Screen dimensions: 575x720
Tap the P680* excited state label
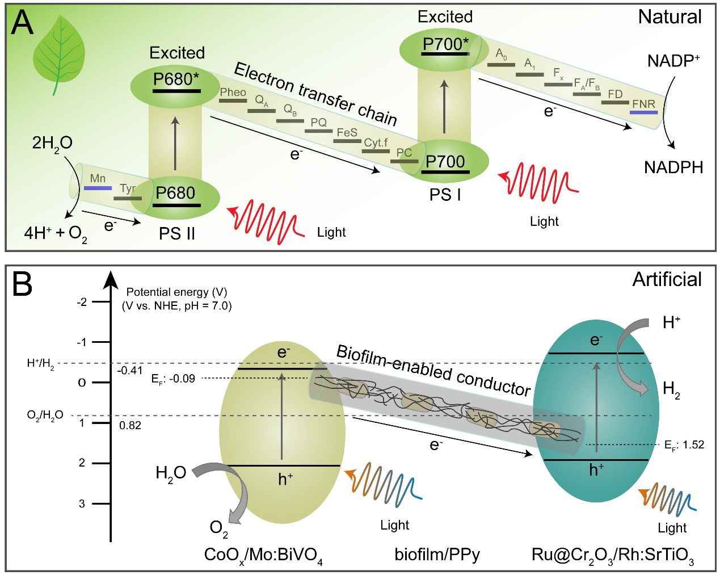click(176, 79)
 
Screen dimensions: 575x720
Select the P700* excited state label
click(445, 44)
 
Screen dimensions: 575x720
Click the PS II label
click(176, 233)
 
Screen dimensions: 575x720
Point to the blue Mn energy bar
click(98, 188)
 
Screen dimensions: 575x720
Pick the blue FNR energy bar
click(644, 112)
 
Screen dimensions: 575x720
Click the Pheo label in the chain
click(233, 93)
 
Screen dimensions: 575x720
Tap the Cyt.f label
click(376, 142)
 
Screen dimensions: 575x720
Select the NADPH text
click(673, 167)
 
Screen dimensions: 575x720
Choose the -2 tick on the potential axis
click(82, 302)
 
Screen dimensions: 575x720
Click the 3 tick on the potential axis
click(82, 503)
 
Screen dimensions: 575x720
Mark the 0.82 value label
click(130, 425)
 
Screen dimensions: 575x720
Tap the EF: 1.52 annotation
click(684, 445)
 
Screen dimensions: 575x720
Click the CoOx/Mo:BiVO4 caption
click(263, 555)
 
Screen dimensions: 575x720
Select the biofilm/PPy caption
click(437, 554)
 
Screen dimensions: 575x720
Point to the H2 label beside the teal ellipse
click(671, 389)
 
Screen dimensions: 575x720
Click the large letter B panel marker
click(23, 283)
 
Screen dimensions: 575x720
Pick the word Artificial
click(667, 279)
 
